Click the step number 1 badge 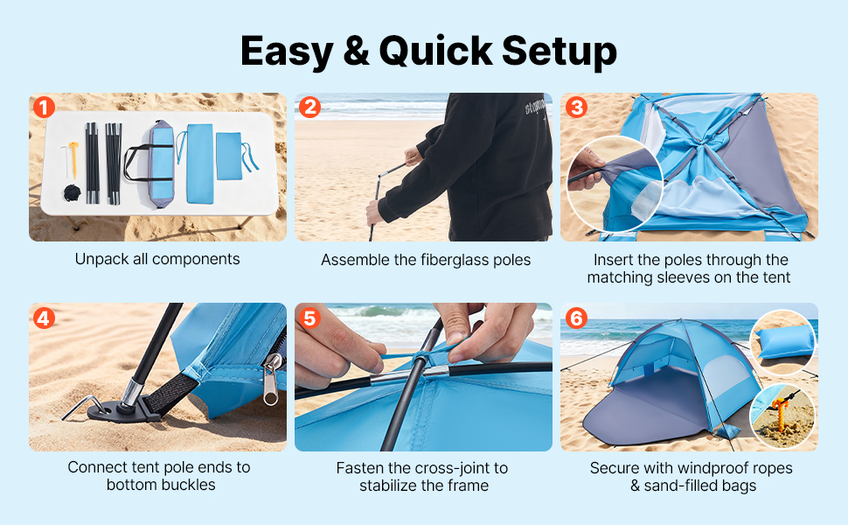click(45, 107)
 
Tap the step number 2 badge click(309, 107)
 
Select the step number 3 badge click(576, 107)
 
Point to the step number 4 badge click(45, 318)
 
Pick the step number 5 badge click(309, 318)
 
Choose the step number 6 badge click(576, 318)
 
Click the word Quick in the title click(435, 52)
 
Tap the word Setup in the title click(560, 52)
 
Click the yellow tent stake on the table click(73, 159)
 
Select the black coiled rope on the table click(72, 192)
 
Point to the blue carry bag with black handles click(153, 164)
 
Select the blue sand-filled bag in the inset click(785, 342)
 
